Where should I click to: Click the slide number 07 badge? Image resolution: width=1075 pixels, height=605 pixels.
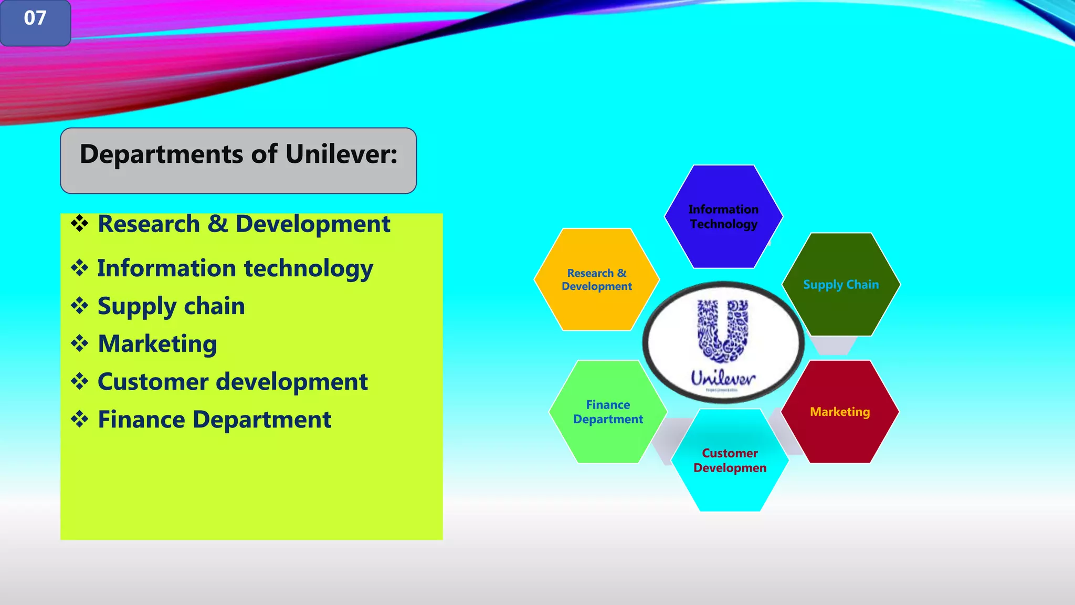(x=35, y=21)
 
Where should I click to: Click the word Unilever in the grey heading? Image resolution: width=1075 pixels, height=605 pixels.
(x=341, y=154)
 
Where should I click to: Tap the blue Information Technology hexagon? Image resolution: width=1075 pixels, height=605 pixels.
(x=723, y=216)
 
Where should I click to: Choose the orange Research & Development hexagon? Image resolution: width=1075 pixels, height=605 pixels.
(x=597, y=279)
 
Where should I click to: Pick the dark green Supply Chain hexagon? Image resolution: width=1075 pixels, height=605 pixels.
(x=841, y=284)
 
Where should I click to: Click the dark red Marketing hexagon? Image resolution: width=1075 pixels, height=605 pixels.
(x=840, y=412)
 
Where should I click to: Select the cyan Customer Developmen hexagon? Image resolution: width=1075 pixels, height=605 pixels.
(x=730, y=460)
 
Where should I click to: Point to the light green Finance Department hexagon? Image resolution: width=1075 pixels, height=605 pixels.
(x=608, y=412)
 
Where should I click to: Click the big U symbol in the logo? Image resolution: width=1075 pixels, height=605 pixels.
(x=723, y=331)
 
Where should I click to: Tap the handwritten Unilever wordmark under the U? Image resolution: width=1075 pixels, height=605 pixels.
(x=723, y=378)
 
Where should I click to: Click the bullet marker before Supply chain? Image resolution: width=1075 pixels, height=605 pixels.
(x=80, y=306)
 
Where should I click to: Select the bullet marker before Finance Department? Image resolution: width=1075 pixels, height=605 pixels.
(x=80, y=419)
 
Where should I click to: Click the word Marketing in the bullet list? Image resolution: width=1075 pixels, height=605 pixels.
(x=157, y=344)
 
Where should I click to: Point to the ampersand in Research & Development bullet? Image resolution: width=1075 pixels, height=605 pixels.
(x=217, y=224)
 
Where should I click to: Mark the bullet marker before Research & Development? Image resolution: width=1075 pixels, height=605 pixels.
(x=80, y=224)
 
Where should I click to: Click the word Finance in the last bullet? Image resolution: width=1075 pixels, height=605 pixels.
(x=141, y=420)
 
